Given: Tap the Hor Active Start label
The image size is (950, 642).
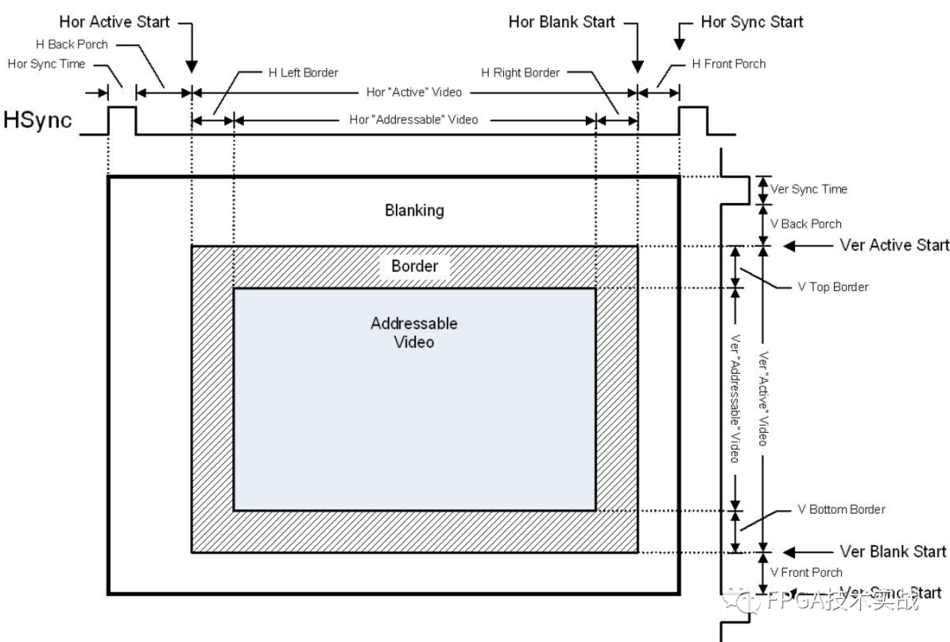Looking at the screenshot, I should tap(115, 21).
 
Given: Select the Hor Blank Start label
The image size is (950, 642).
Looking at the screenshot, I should tap(561, 22).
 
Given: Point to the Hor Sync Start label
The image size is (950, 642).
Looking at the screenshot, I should tap(751, 22).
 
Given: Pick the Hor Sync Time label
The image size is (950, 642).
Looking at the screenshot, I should tap(46, 63).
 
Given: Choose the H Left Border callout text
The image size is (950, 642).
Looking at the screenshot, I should tap(303, 72).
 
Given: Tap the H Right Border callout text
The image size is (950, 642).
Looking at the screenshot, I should tap(520, 72).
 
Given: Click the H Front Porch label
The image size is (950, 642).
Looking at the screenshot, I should tap(729, 63).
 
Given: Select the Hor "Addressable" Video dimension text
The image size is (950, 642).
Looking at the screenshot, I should tap(413, 119).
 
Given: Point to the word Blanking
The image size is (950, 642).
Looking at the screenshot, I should tap(414, 211).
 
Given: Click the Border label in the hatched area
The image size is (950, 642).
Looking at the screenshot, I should tap(414, 266).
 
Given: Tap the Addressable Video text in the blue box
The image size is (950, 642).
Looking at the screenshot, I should tap(414, 332).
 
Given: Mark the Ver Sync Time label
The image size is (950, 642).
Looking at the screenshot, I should tap(808, 189).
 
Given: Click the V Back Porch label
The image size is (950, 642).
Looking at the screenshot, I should tap(806, 223).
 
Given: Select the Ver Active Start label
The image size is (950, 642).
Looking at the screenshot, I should tap(894, 245).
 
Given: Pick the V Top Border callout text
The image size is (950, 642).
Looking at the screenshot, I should tap(832, 288).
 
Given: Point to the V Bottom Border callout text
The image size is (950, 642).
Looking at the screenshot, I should tap(841, 509).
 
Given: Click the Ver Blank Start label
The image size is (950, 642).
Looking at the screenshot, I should tap(893, 551).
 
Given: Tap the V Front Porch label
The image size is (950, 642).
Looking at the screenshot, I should tap(806, 573).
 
